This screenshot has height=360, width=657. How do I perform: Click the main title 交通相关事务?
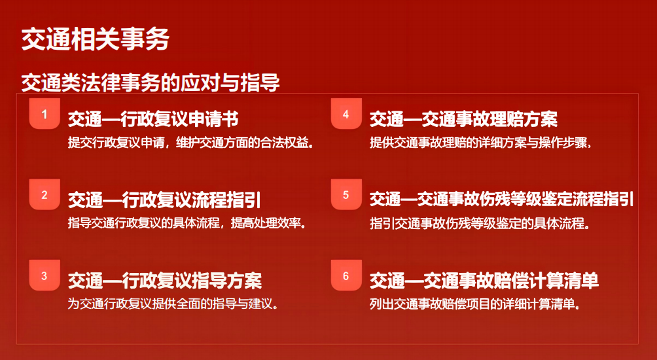[x=95, y=40]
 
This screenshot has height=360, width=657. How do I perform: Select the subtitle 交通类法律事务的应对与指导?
[x=151, y=82]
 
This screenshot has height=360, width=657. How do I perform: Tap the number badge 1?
[x=45, y=114]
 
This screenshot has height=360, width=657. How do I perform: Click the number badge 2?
[x=45, y=194]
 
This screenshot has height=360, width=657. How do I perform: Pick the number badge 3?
[x=45, y=276]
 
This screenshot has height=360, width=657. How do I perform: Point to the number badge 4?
[x=346, y=114]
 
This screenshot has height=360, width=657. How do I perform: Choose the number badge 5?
[x=346, y=194]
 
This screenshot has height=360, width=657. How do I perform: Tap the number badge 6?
[x=346, y=276]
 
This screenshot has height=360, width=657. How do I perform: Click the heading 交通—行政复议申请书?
[x=153, y=120]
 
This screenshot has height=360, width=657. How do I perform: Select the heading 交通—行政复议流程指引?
[x=164, y=200]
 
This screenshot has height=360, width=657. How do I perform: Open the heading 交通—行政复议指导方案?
[x=165, y=281]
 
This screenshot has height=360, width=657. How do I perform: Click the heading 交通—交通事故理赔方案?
[x=463, y=120]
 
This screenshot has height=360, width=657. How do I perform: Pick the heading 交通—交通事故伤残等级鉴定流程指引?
[x=501, y=200]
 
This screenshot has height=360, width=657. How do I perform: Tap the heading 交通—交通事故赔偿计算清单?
[x=484, y=281]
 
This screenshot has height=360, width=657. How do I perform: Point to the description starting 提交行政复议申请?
[x=191, y=143]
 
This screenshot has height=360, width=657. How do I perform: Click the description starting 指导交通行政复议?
[x=186, y=223]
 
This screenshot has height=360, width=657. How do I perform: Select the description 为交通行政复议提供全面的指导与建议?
[x=173, y=304]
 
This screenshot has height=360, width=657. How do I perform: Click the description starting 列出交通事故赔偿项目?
[x=474, y=304]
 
